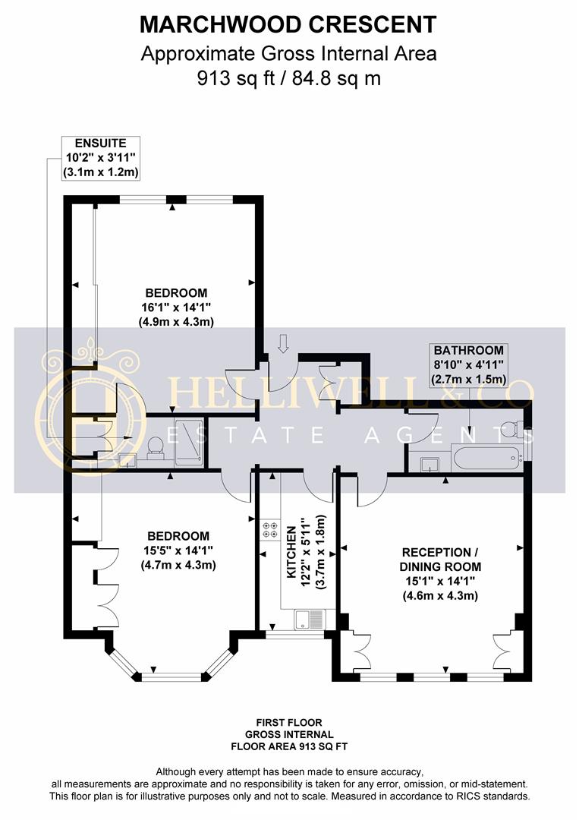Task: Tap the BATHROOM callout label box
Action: tap(468, 364)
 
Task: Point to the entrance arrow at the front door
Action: tap(283, 344)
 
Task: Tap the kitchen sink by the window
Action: tap(310, 619)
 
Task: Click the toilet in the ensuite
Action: tap(156, 446)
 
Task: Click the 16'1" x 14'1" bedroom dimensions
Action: tap(176, 307)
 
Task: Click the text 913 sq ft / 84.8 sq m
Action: tap(288, 78)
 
